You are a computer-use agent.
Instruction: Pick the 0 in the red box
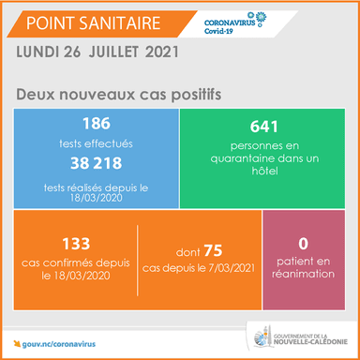[304, 244]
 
